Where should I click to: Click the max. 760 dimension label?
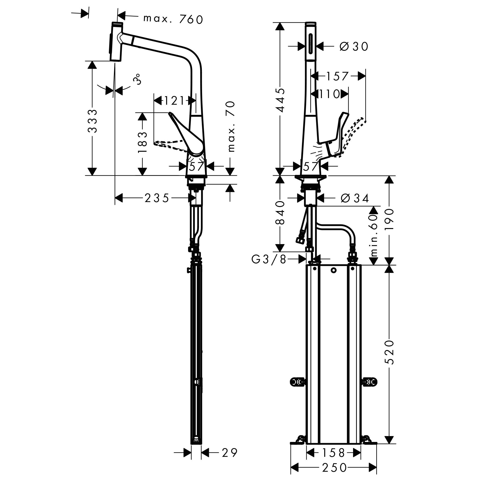point(173,19)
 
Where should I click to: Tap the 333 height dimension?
point(92,121)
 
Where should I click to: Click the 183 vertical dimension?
point(142,142)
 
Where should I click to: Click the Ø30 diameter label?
point(354,46)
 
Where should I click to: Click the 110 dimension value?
point(329,94)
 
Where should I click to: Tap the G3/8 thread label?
point(269,260)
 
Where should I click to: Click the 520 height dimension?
point(389,352)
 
